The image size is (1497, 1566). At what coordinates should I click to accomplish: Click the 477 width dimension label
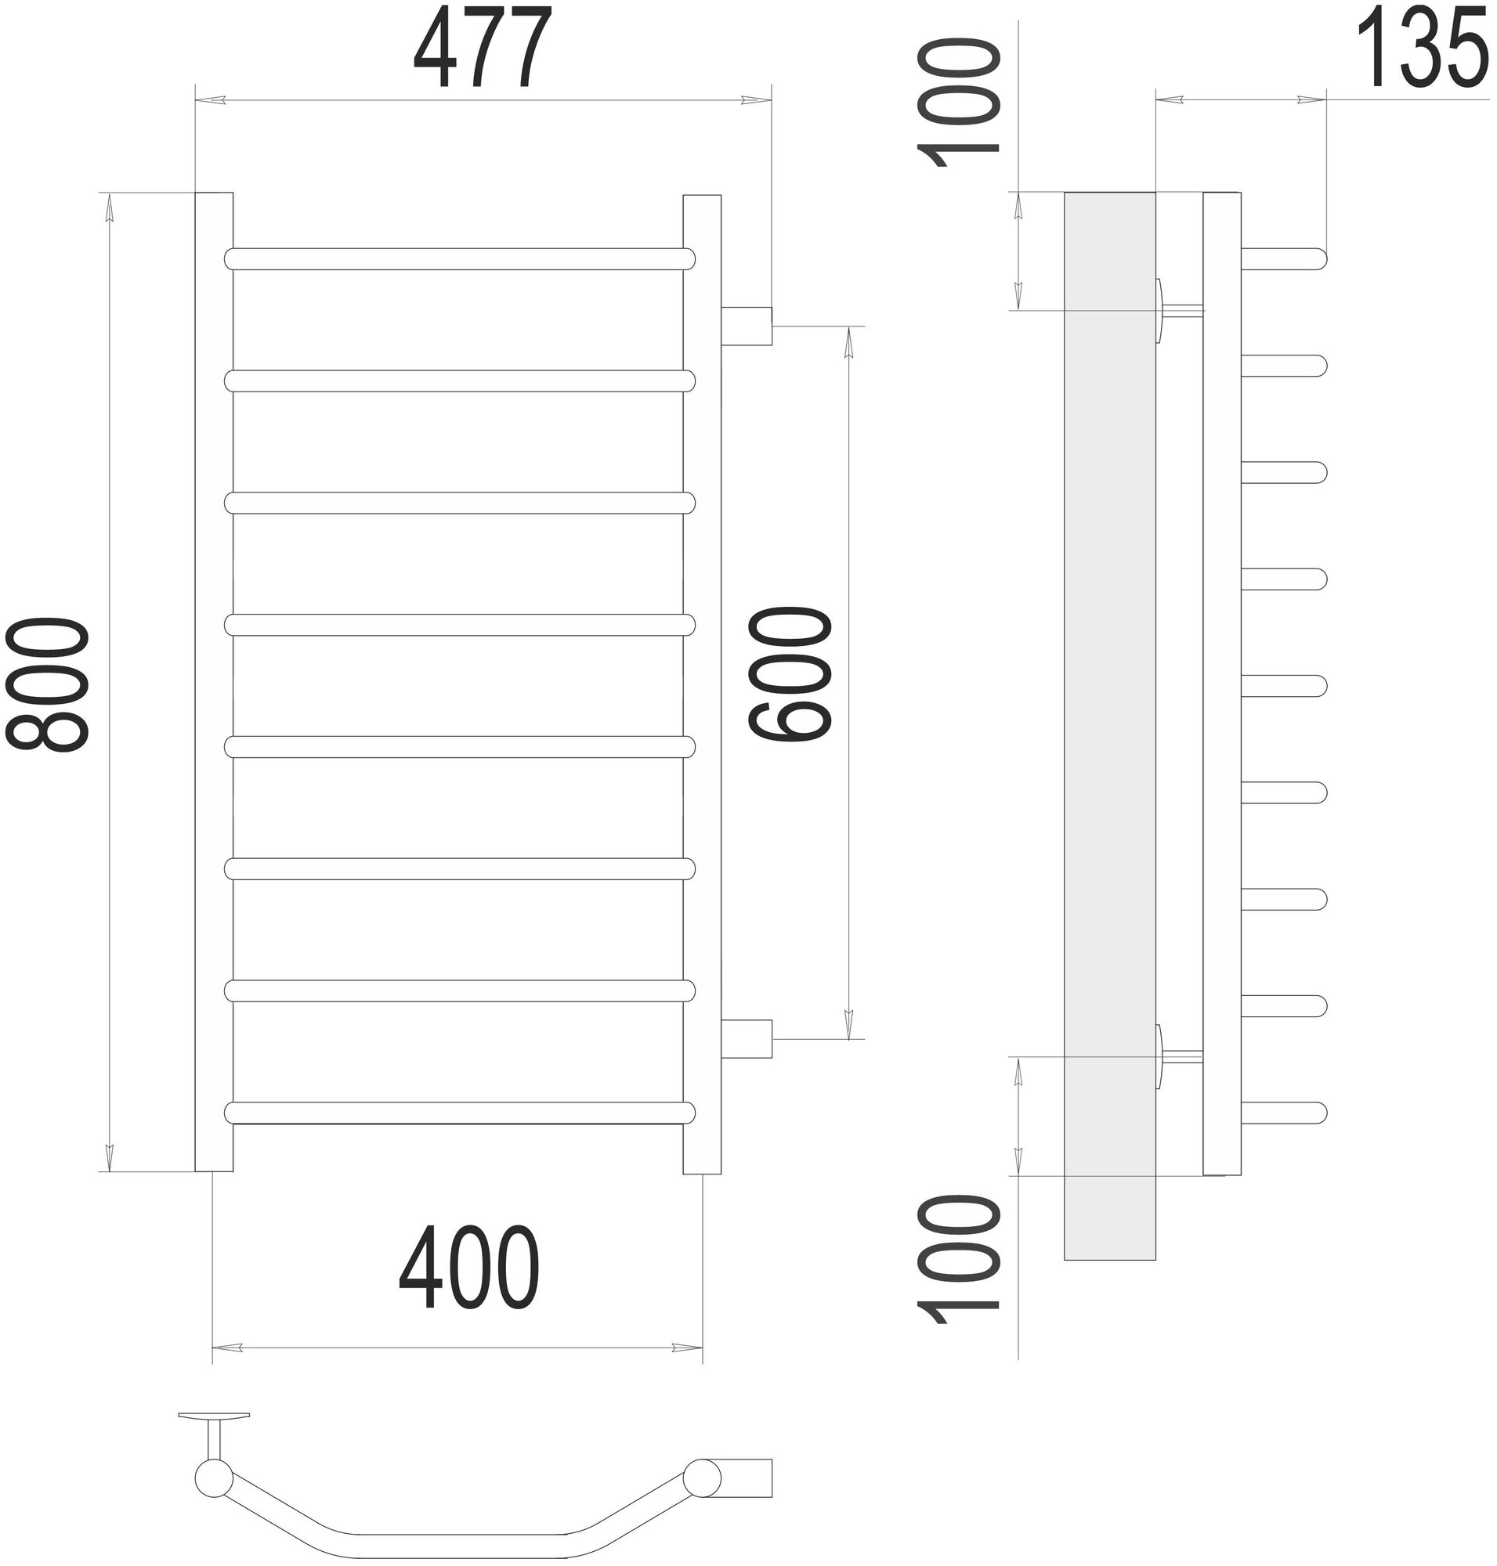[x=483, y=48]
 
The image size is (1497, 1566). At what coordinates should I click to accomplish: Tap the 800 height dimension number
[x=46, y=684]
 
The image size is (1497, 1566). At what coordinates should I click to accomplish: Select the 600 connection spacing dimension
[x=790, y=674]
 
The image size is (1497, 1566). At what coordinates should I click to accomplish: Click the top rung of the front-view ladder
[x=460, y=259]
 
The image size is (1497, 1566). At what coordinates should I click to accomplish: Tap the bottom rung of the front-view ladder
[x=460, y=1113]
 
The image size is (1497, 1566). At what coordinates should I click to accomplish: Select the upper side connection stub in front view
[x=747, y=327]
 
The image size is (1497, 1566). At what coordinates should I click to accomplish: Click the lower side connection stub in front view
[x=747, y=1039]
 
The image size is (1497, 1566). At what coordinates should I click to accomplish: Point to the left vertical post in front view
[x=214, y=682]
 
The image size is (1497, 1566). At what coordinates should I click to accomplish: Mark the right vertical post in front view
[x=702, y=682]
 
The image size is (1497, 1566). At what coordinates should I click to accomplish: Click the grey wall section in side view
[x=1109, y=718]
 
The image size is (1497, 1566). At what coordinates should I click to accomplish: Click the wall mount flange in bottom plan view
[x=214, y=1416]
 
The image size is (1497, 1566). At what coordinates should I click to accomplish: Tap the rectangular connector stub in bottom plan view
[x=747, y=1478]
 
